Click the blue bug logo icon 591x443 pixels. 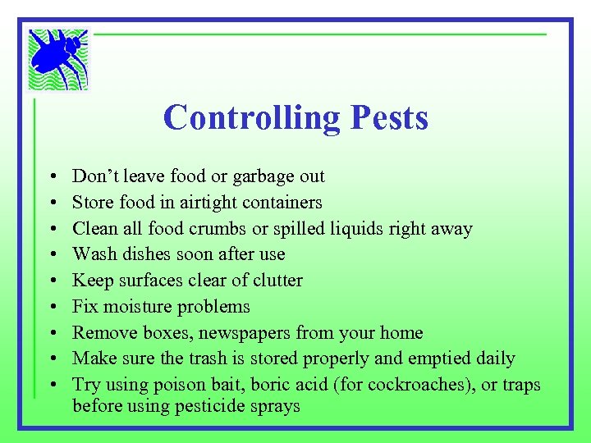click(58, 59)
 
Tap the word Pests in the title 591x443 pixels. click(389, 117)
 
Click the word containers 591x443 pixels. click(281, 203)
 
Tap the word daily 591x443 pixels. click(494, 359)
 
